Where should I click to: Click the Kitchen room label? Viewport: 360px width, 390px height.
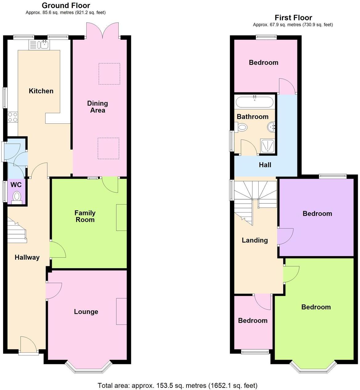[41, 91]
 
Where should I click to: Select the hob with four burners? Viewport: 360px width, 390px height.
[13, 117]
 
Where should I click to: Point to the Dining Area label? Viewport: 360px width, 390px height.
[97, 107]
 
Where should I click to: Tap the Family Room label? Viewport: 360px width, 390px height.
[85, 216]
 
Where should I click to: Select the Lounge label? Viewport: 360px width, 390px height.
[86, 312]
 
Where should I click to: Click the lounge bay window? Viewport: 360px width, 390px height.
[88, 368]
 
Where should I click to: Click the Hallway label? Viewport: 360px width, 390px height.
[27, 257]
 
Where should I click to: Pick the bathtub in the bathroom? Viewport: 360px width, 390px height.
[254, 102]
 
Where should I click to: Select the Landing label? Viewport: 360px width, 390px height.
[255, 240]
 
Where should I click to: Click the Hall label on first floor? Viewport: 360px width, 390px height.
[265, 165]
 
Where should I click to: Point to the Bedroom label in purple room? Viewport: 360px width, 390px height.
[317, 214]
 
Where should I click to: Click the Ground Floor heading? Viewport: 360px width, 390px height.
[66, 5]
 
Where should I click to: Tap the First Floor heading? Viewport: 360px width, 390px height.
[293, 18]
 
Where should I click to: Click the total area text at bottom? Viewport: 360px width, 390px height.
[177, 385]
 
